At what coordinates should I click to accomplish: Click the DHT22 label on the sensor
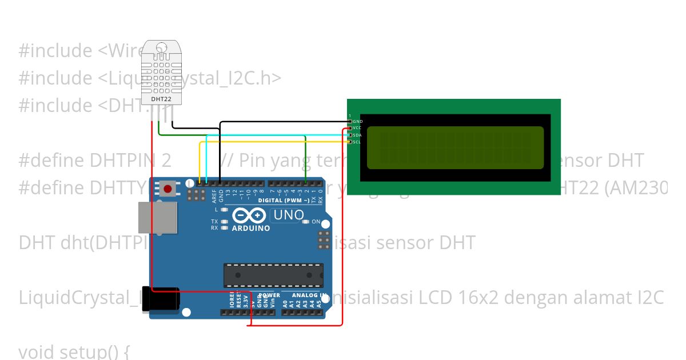161,99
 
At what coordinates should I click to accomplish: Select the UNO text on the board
288,215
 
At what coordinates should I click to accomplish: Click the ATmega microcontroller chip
273,275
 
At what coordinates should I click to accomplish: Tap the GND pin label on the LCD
358,122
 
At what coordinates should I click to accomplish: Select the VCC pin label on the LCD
357,129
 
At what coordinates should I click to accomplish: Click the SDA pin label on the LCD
357,135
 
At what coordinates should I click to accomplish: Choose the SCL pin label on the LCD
357,142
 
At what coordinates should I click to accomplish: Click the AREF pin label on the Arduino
214,196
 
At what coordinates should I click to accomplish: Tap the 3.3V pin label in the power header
246,301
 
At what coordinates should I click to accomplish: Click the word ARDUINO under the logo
250,228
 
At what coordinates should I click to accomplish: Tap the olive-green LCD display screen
455,148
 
